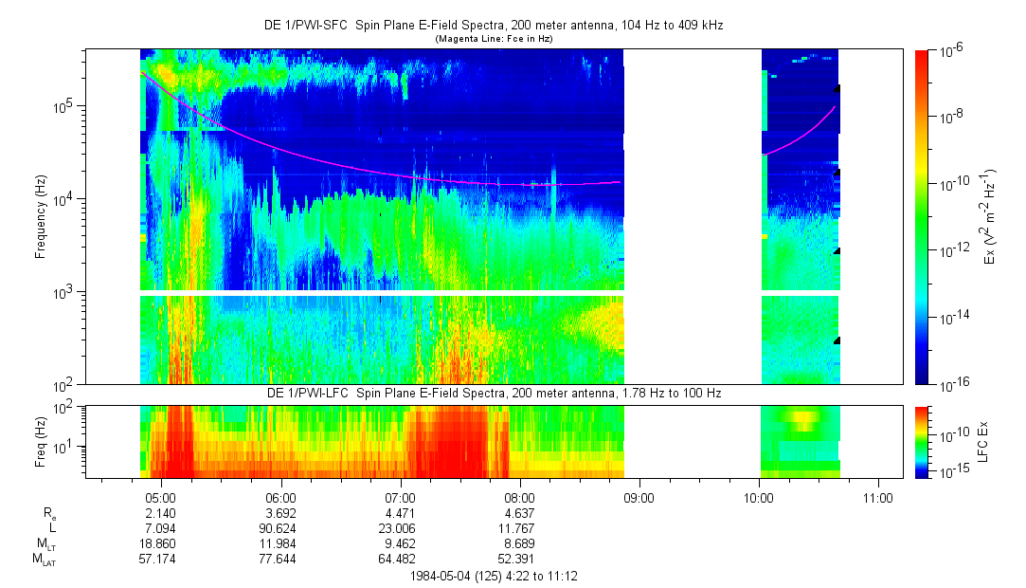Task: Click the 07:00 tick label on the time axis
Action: pos(401,497)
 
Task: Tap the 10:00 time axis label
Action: pos(759,497)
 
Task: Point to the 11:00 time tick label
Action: pos(878,497)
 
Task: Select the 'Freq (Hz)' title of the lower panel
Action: pos(41,441)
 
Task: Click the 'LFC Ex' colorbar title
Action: pos(984,441)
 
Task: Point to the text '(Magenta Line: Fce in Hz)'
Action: pos(493,39)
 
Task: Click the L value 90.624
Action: pos(280,526)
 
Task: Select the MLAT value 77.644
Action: pos(280,559)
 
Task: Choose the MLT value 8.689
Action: pos(519,542)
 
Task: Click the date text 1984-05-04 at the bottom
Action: pos(444,576)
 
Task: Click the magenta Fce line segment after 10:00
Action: pos(801,135)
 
